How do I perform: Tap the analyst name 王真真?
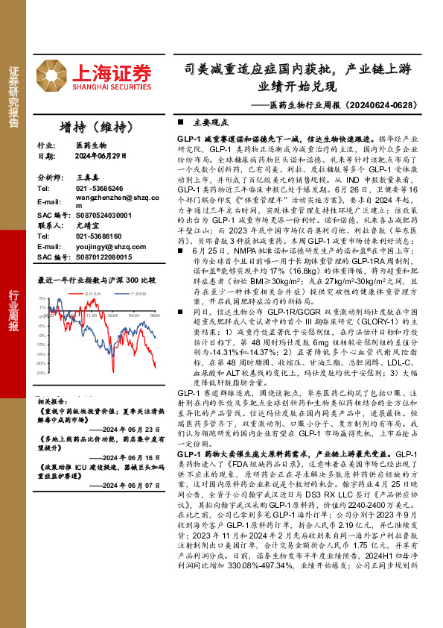(x=87, y=179)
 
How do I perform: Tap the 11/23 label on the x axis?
(x=92, y=315)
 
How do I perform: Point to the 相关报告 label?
(x=53, y=401)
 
